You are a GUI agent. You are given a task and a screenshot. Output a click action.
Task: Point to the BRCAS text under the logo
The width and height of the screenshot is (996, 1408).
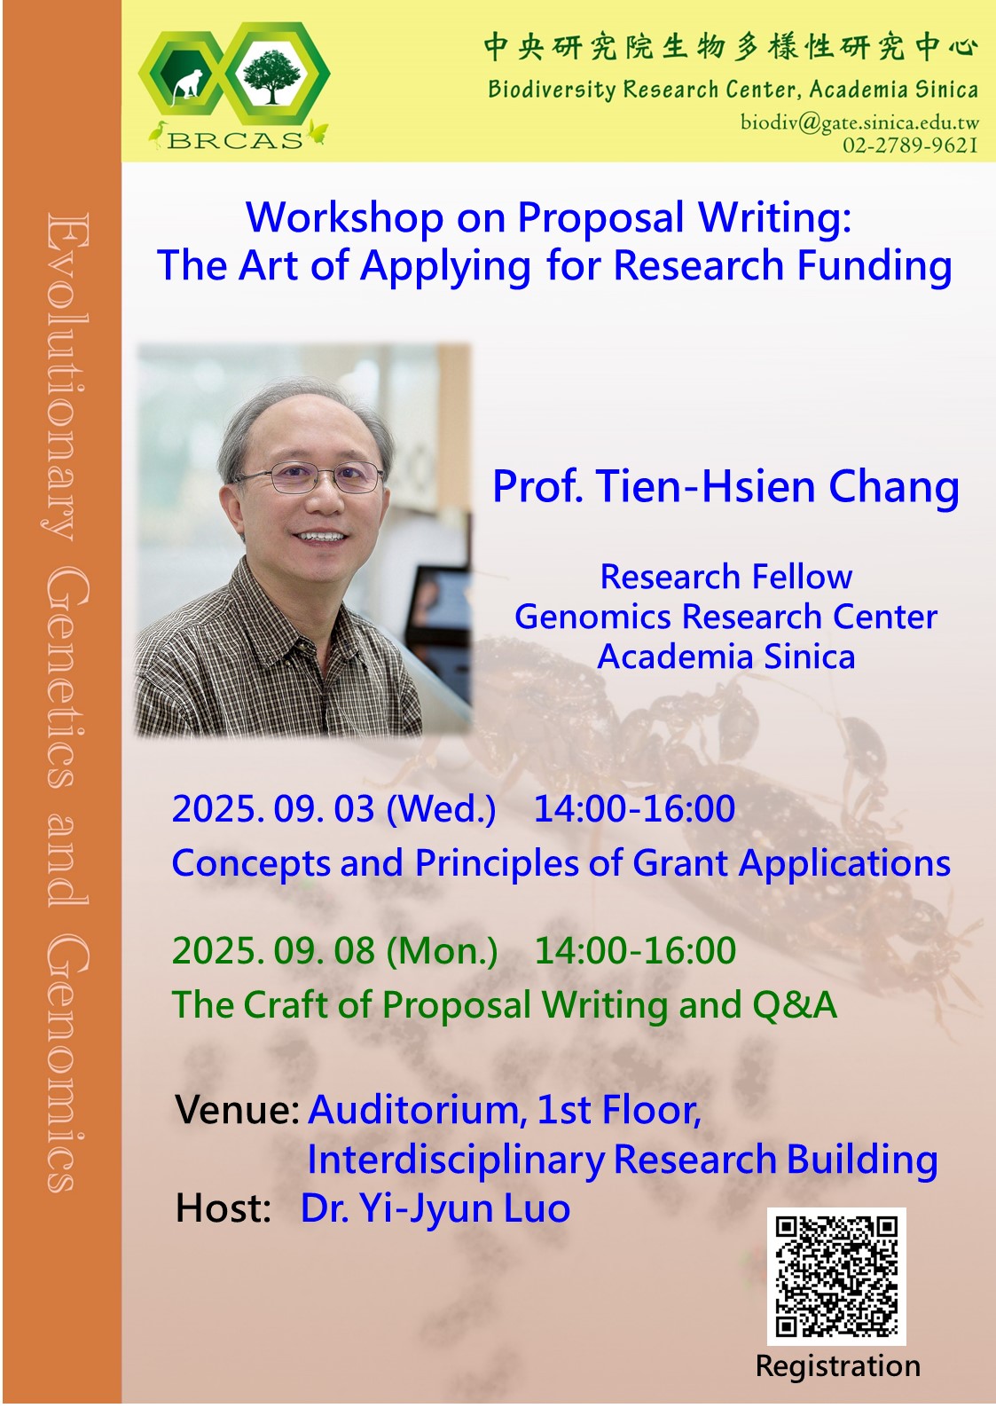pos(235,139)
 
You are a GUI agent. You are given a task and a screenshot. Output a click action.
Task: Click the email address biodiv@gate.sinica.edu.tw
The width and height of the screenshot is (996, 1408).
pos(859,122)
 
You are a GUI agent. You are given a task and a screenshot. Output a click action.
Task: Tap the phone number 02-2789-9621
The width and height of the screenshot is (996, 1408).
pos(910,146)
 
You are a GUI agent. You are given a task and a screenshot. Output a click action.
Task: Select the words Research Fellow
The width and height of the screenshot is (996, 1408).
pos(725,577)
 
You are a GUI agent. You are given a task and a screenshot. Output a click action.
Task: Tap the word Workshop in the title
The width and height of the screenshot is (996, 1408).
pos(344,217)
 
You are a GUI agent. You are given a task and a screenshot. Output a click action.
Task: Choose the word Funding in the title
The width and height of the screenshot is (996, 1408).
pos(874,266)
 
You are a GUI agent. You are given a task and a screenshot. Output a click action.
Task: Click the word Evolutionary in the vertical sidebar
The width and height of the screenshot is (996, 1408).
pos(67,377)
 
